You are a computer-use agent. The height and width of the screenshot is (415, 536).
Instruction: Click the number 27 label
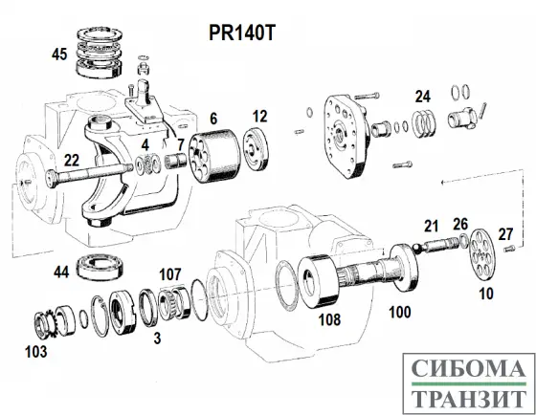point(505,233)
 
